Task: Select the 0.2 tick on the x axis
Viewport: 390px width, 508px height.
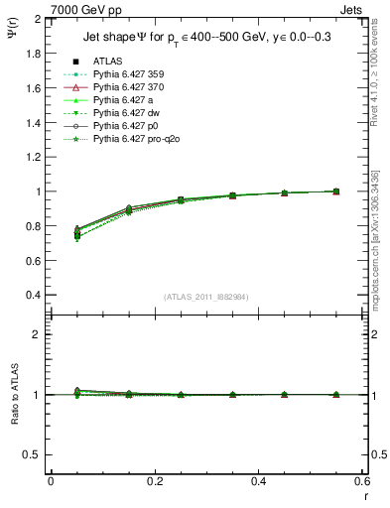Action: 154,481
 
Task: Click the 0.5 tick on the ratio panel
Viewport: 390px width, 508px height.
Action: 33,454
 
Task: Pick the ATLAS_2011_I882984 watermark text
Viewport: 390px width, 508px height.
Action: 207,297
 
